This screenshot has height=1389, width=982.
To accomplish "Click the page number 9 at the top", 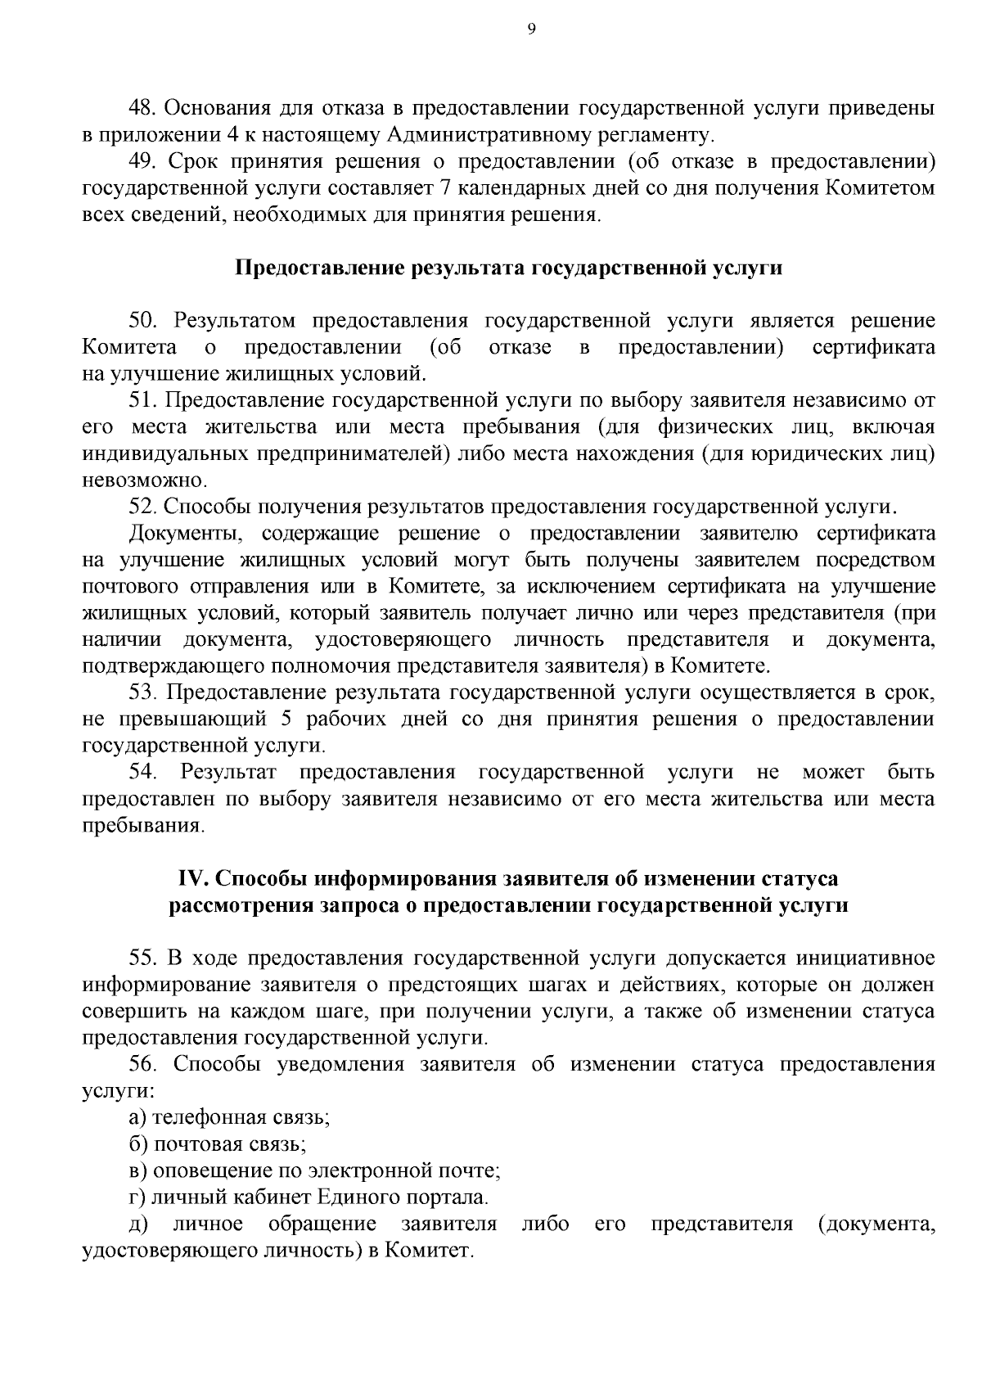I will click(x=532, y=29).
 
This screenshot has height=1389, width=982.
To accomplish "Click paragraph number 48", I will click(x=144, y=108).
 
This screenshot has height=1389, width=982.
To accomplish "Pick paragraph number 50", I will click(x=144, y=322).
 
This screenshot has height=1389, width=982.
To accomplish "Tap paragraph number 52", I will click(x=144, y=507).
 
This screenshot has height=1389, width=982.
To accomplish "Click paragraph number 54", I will click(x=144, y=772).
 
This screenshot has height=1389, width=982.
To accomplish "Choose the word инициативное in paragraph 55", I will click(x=867, y=958).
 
